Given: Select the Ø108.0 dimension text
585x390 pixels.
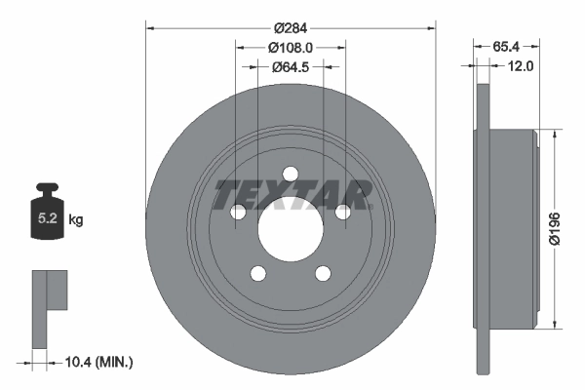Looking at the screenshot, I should (291, 46).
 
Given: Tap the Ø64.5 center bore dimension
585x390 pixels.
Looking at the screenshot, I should (291, 66).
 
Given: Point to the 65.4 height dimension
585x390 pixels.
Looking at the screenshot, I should (504, 46).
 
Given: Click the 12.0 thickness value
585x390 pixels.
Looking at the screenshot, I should (519, 66).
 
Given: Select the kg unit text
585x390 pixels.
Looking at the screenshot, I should (76, 220).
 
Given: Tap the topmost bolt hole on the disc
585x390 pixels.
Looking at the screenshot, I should (290, 175).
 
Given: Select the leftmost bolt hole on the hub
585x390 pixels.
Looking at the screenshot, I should (237, 213).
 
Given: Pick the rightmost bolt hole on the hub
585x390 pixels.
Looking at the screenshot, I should (342, 213).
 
